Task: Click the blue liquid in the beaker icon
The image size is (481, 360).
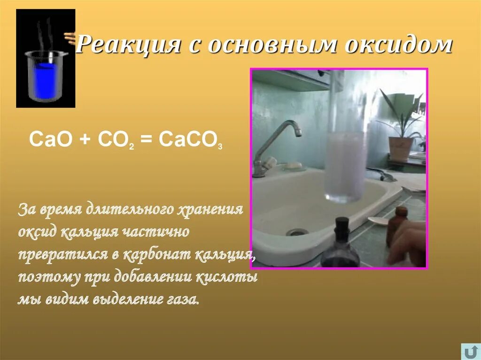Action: (45, 80)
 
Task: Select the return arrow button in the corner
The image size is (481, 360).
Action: (470, 352)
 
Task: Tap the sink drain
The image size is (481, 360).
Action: (297, 231)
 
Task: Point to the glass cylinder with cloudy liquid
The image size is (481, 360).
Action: (346, 164)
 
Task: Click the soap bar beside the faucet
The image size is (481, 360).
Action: (294, 165)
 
